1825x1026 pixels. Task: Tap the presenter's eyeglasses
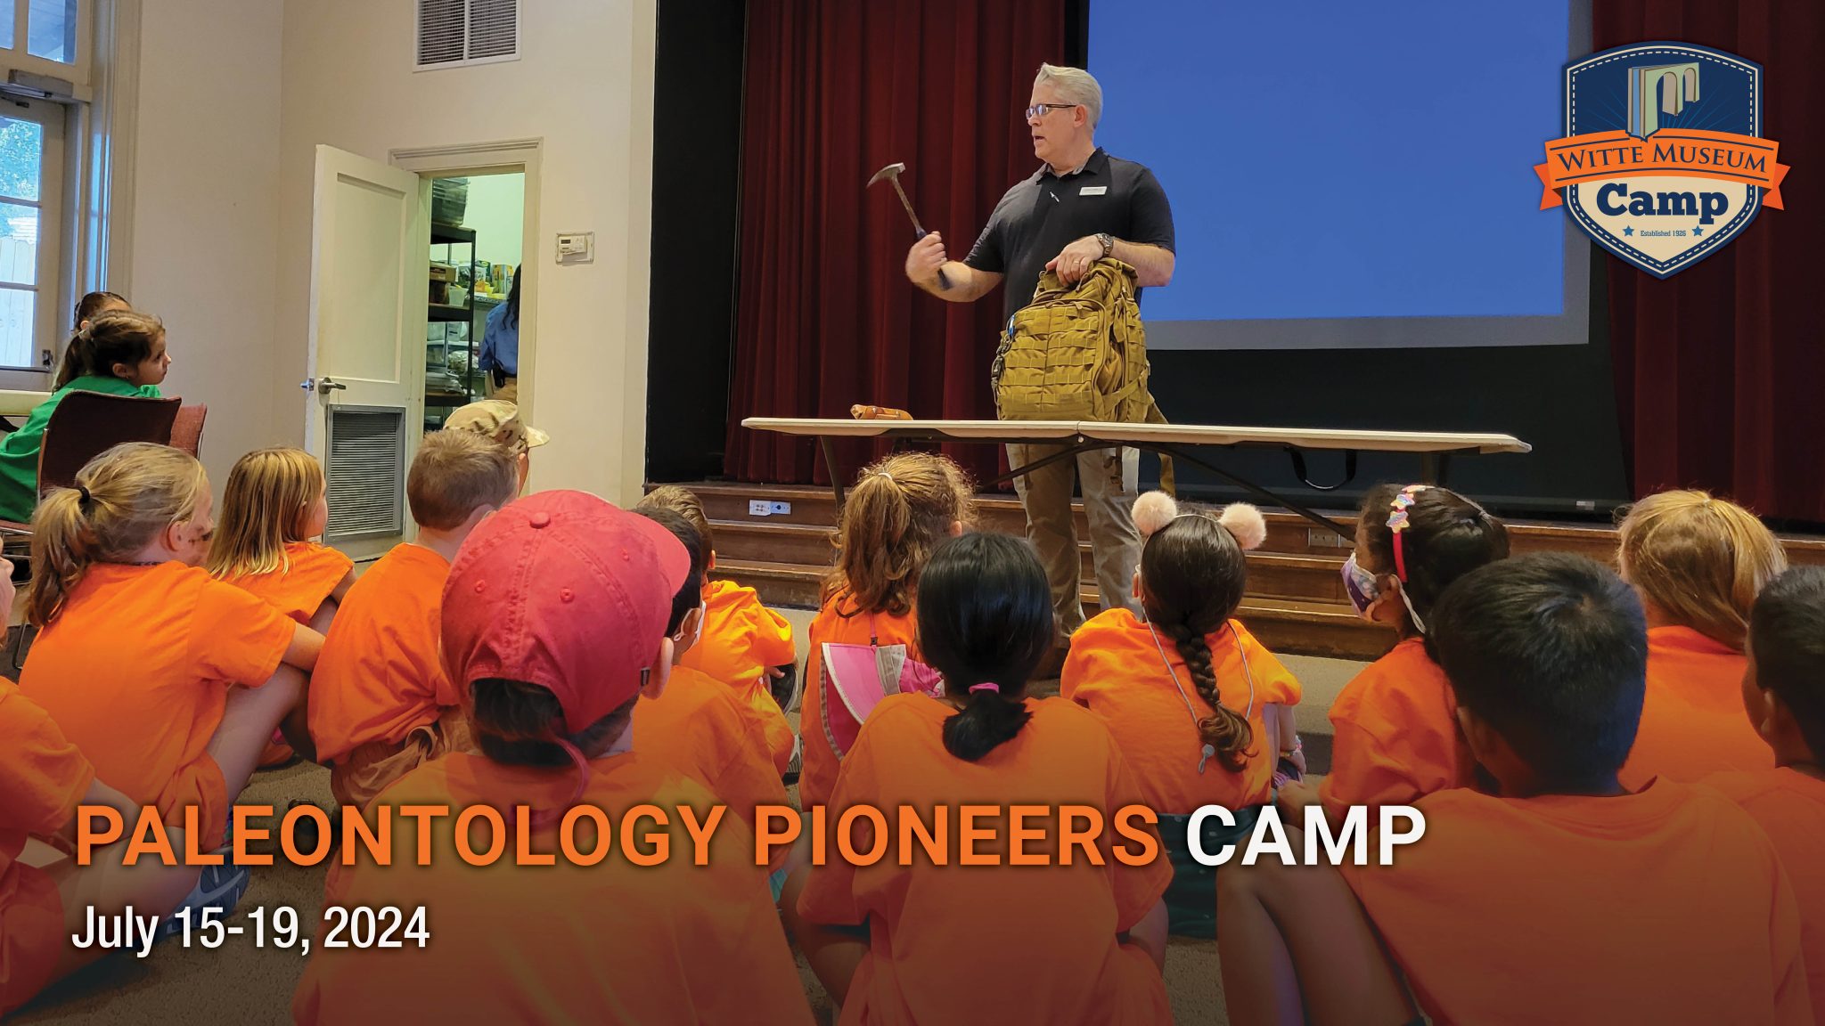tap(1048, 110)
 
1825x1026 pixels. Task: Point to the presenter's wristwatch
tap(1105, 244)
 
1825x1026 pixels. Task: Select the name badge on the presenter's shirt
tap(1093, 190)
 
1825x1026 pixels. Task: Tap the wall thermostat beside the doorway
tap(575, 247)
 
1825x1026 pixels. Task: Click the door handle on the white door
tap(328, 385)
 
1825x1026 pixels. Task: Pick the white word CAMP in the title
tap(1304, 836)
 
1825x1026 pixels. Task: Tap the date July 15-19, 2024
tap(250, 928)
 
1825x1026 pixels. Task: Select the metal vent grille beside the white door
tap(365, 471)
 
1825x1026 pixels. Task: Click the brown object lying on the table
tap(880, 412)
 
